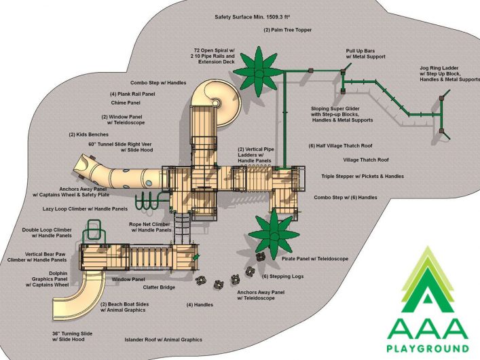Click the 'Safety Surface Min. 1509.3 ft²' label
tap(253, 17)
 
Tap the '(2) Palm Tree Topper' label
tap(287, 30)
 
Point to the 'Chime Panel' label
tap(126, 103)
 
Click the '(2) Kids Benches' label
tap(88, 134)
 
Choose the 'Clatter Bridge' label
tap(159, 287)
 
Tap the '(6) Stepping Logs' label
tap(283, 276)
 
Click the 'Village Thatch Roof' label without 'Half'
tap(366, 160)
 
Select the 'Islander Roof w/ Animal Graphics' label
tap(163, 340)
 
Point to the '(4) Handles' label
tap(200, 305)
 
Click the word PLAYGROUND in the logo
tap(428, 348)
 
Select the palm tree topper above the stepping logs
tap(274, 235)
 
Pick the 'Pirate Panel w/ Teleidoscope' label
tap(315, 259)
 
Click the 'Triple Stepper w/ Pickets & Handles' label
tap(363, 177)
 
